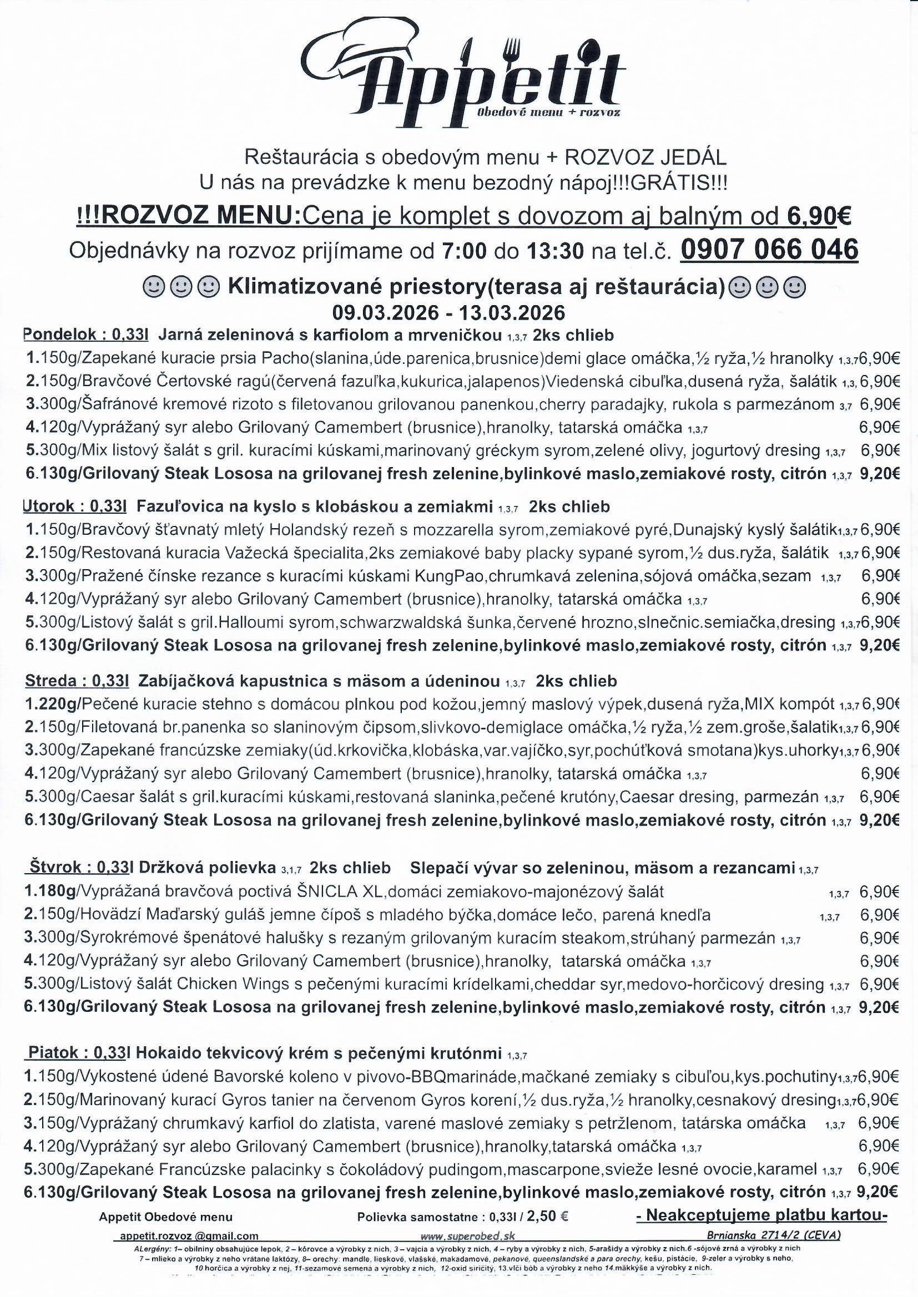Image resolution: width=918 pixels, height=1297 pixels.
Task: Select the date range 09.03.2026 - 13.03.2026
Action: click(x=449, y=312)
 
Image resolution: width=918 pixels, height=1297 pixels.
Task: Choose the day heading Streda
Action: click(x=50, y=681)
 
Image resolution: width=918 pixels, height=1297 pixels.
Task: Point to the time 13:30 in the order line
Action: click(x=555, y=251)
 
